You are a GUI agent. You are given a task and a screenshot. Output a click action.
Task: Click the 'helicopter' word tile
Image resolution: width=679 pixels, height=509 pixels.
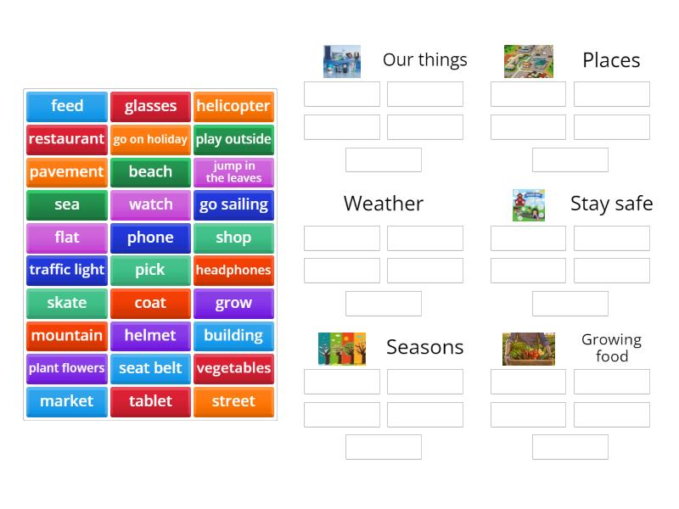[233, 106]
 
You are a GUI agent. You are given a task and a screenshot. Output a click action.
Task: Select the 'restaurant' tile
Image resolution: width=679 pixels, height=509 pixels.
[67, 139]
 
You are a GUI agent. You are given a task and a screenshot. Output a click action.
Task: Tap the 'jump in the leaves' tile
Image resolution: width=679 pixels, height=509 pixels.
[233, 172]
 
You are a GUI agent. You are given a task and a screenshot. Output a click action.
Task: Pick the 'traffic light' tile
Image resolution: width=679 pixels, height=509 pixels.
[67, 271]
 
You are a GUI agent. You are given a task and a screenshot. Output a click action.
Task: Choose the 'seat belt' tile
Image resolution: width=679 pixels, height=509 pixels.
[150, 369]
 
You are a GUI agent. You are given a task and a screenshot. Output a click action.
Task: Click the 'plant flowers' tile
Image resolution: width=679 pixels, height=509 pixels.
[67, 369]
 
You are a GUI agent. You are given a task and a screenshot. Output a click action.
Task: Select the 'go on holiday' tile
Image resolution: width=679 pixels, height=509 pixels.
[150, 139]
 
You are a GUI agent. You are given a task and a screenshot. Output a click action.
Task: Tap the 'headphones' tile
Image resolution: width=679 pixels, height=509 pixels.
[233, 271]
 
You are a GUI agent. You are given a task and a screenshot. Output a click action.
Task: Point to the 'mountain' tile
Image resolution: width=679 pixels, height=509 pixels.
[67, 336]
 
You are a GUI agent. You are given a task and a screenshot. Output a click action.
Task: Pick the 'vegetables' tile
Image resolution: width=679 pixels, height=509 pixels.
[233, 369]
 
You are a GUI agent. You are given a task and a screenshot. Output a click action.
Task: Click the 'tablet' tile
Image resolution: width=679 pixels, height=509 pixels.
[150, 401]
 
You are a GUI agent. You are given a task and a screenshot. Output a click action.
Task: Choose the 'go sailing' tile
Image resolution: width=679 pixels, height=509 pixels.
[233, 205]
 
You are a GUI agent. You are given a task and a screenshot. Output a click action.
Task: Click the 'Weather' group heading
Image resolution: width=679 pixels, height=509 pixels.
[384, 204]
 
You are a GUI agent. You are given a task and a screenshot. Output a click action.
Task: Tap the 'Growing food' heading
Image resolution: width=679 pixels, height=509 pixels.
[611, 348]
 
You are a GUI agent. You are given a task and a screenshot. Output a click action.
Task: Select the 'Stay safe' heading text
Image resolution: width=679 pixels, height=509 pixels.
[611, 204]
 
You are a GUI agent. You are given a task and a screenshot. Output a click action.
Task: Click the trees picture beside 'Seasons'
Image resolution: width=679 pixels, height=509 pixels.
[342, 349]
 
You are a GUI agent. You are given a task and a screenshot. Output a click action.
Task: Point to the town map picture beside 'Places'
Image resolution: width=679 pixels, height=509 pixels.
[528, 61]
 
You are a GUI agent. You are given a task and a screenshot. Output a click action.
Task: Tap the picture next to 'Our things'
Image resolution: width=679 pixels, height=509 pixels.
[342, 61]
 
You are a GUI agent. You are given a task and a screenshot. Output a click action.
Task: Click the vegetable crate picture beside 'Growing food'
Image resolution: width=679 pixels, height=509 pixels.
[528, 349]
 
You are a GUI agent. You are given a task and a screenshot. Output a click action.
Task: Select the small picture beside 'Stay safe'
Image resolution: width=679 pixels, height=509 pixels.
[528, 204]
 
